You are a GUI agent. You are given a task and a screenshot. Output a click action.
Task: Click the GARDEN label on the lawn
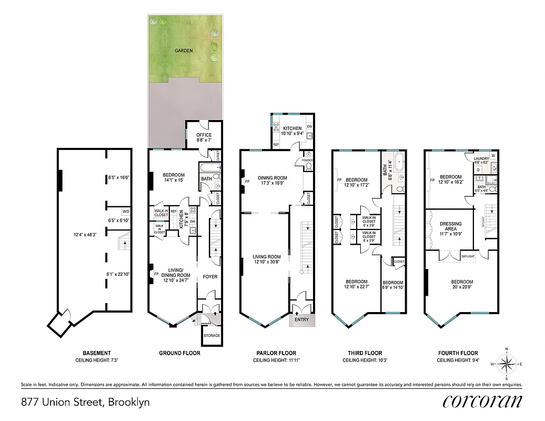[x=184, y=51]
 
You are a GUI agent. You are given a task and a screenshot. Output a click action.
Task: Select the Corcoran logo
[x=482, y=402]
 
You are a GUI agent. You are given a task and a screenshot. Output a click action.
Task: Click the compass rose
[x=506, y=363]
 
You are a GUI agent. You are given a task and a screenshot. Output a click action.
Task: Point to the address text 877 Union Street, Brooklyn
[x=85, y=402]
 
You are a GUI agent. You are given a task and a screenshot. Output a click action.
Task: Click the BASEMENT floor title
[x=97, y=353]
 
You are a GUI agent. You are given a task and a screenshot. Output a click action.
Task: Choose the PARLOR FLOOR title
[x=276, y=353]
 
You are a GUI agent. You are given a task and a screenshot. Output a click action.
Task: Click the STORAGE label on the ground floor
[x=211, y=336]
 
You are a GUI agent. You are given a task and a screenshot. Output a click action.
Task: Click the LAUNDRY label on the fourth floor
[x=481, y=158]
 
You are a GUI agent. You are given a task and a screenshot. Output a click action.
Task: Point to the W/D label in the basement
[x=126, y=212]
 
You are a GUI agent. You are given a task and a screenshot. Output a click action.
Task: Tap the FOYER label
[x=210, y=276]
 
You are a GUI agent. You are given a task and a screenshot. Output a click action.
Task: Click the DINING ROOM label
[x=272, y=177]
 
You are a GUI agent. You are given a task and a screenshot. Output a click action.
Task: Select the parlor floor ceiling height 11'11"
[x=276, y=360]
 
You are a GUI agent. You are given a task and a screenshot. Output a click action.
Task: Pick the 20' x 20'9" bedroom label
[x=461, y=285]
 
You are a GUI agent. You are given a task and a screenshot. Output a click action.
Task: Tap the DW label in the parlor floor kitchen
[x=309, y=127]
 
